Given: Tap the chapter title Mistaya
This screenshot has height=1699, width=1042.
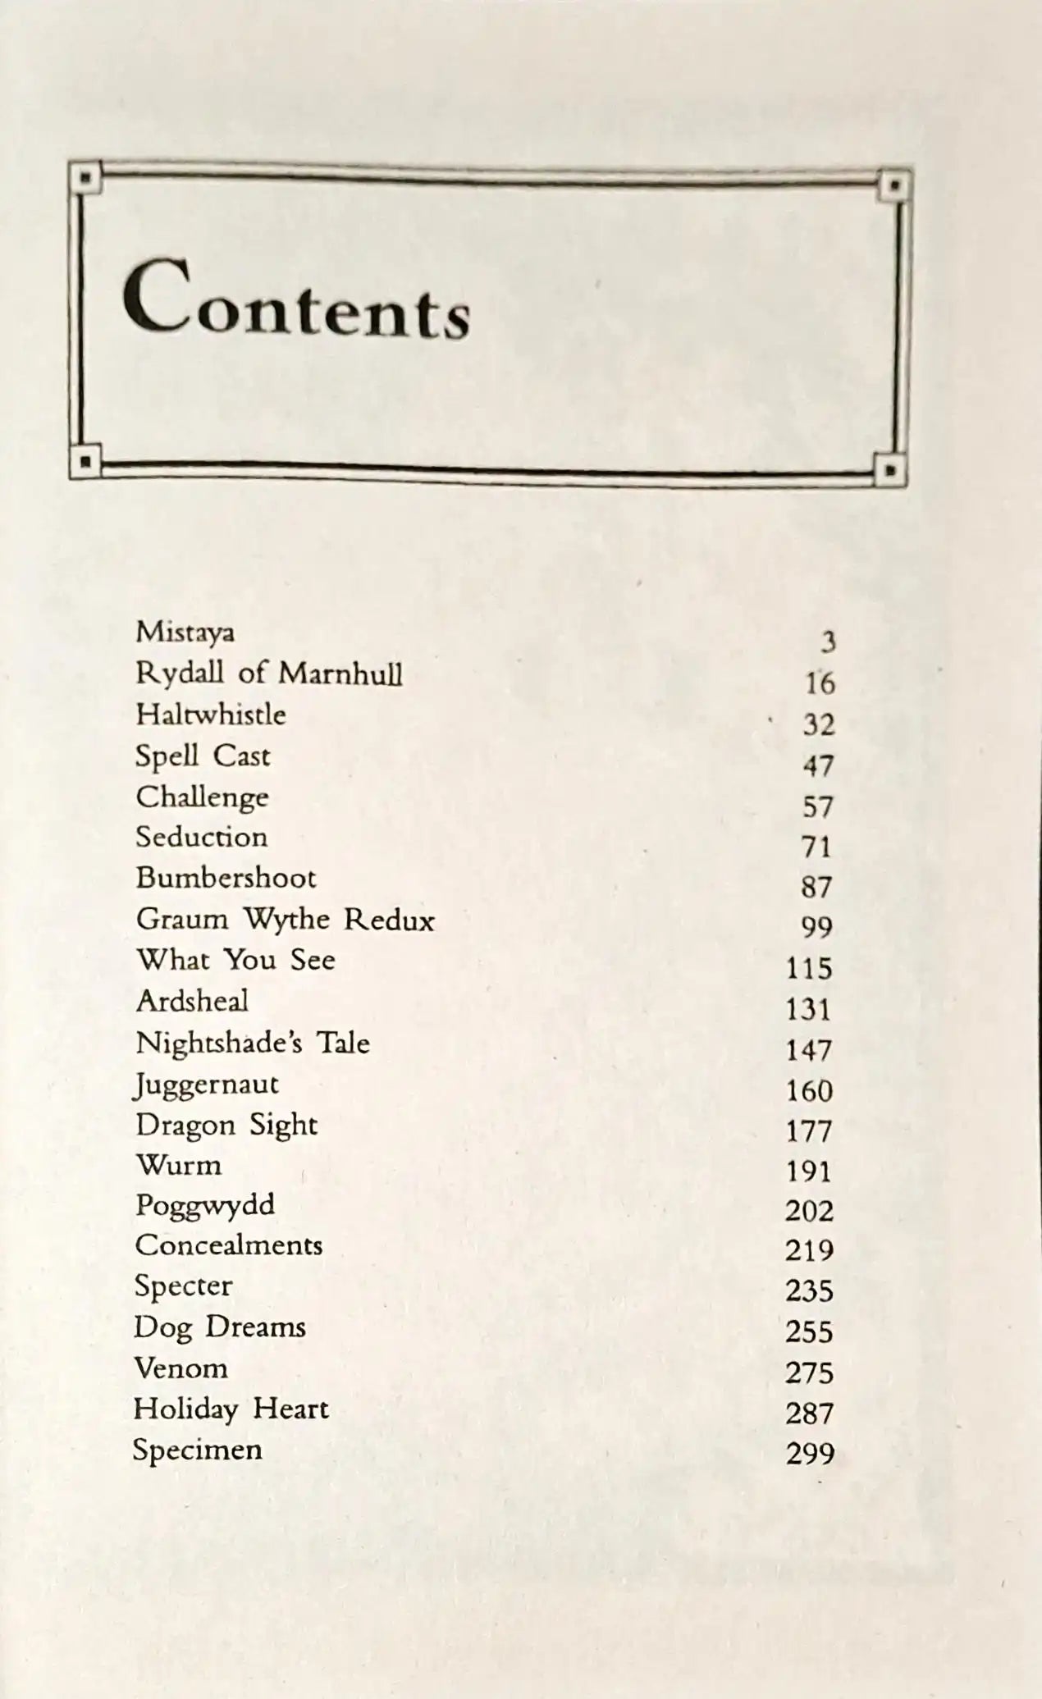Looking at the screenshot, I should click(185, 633).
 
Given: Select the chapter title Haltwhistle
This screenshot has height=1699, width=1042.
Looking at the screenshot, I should click(211, 715).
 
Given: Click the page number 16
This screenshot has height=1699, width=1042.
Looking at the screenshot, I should click(819, 683).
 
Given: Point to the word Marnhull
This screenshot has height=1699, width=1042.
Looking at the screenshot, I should click(340, 674).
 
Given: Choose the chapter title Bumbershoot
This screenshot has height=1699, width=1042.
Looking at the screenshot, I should click(226, 878).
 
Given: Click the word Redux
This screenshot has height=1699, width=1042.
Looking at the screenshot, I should click(388, 920).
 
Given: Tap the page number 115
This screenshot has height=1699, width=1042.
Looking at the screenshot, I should click(809, 969).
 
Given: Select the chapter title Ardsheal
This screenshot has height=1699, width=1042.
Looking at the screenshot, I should click(192, 1001).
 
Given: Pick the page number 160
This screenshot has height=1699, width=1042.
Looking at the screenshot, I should click(809, 1091).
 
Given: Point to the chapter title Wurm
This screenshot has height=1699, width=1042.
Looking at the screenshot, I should click(179, 1165).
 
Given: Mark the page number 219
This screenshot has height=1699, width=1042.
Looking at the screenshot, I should click(809, 1250).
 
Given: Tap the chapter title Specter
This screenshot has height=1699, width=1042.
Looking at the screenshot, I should click(183, 1286).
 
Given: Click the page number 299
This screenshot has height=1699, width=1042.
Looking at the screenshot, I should click(810, 1454).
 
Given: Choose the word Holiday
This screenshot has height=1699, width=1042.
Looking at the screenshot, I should click(185, 1409).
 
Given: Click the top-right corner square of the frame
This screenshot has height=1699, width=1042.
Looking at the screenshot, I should click(895, 185).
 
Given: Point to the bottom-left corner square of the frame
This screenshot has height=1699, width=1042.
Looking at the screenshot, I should click(85, 462).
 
